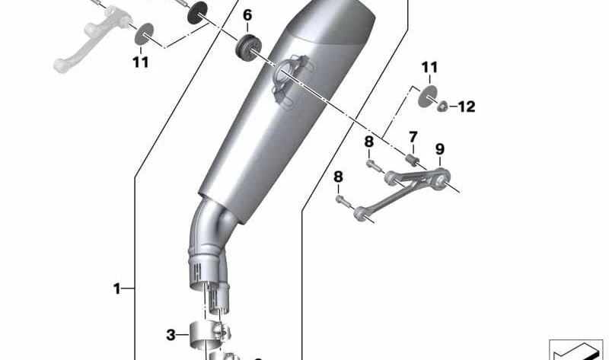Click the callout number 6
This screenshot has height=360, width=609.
247,15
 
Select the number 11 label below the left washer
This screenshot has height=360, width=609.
140,62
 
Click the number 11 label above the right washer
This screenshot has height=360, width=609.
430,68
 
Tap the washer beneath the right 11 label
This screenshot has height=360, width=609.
429,94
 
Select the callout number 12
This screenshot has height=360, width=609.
466,107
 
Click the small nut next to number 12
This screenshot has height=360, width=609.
442,107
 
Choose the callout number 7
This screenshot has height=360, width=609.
413,137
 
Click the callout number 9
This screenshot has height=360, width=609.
439,148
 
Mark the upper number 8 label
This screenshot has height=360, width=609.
368,142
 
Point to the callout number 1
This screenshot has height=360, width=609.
117,288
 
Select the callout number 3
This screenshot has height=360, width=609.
171,334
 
